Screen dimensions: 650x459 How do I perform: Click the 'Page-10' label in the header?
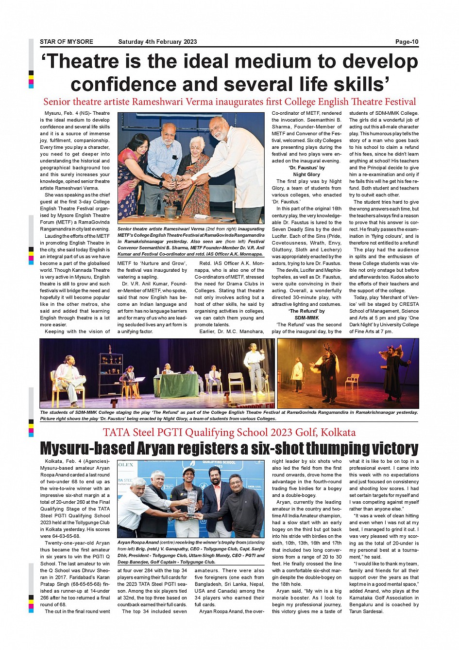coord(407,42)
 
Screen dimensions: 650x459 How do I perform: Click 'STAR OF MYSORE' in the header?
coord(67,42)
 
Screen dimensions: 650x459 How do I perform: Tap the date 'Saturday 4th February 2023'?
coord(157,42)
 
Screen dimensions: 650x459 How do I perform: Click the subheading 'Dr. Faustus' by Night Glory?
coord(306,171)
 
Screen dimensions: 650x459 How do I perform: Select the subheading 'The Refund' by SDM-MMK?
coord(306,314)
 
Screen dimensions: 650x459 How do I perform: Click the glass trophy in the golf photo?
coord(192,502)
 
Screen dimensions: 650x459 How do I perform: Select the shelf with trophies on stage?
coord(110,369)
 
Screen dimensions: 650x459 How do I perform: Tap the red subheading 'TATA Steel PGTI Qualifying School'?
coord(229,432)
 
